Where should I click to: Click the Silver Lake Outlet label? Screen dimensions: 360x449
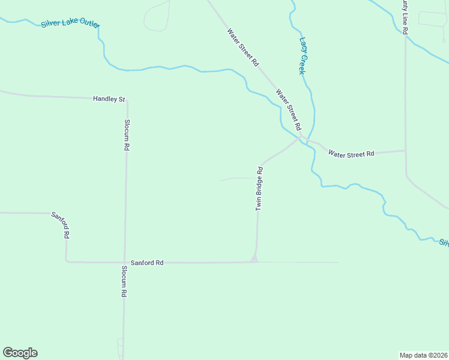(x=70, y=23)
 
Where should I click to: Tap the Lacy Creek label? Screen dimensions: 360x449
(x=303, y=56)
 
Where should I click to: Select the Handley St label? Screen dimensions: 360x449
(x=109, y=98)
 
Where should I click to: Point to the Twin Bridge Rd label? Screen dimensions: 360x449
(x=260, y=188)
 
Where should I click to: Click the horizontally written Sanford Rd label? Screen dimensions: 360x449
(x=147, y=263)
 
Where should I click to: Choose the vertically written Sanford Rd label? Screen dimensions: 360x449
(x=61, y=226)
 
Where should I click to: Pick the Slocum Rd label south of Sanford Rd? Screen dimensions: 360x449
(x=124, y=282)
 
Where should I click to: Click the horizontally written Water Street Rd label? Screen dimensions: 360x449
(x=351, y=154)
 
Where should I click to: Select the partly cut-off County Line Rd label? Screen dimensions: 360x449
(x=406, y=17)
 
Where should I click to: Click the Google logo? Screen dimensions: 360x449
(x=20, y=353)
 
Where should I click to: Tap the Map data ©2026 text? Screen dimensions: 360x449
(x=423, y=355)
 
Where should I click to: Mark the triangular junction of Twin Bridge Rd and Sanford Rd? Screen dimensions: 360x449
(x=255, y=259)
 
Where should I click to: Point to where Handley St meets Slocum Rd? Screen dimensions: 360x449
(x=126, y=100)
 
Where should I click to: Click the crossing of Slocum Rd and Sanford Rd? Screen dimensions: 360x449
(x=125, y=262)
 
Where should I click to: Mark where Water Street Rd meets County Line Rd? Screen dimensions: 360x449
(x=406, y=151)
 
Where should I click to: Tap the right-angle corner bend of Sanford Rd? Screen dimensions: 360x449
(x=66, y=261)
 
